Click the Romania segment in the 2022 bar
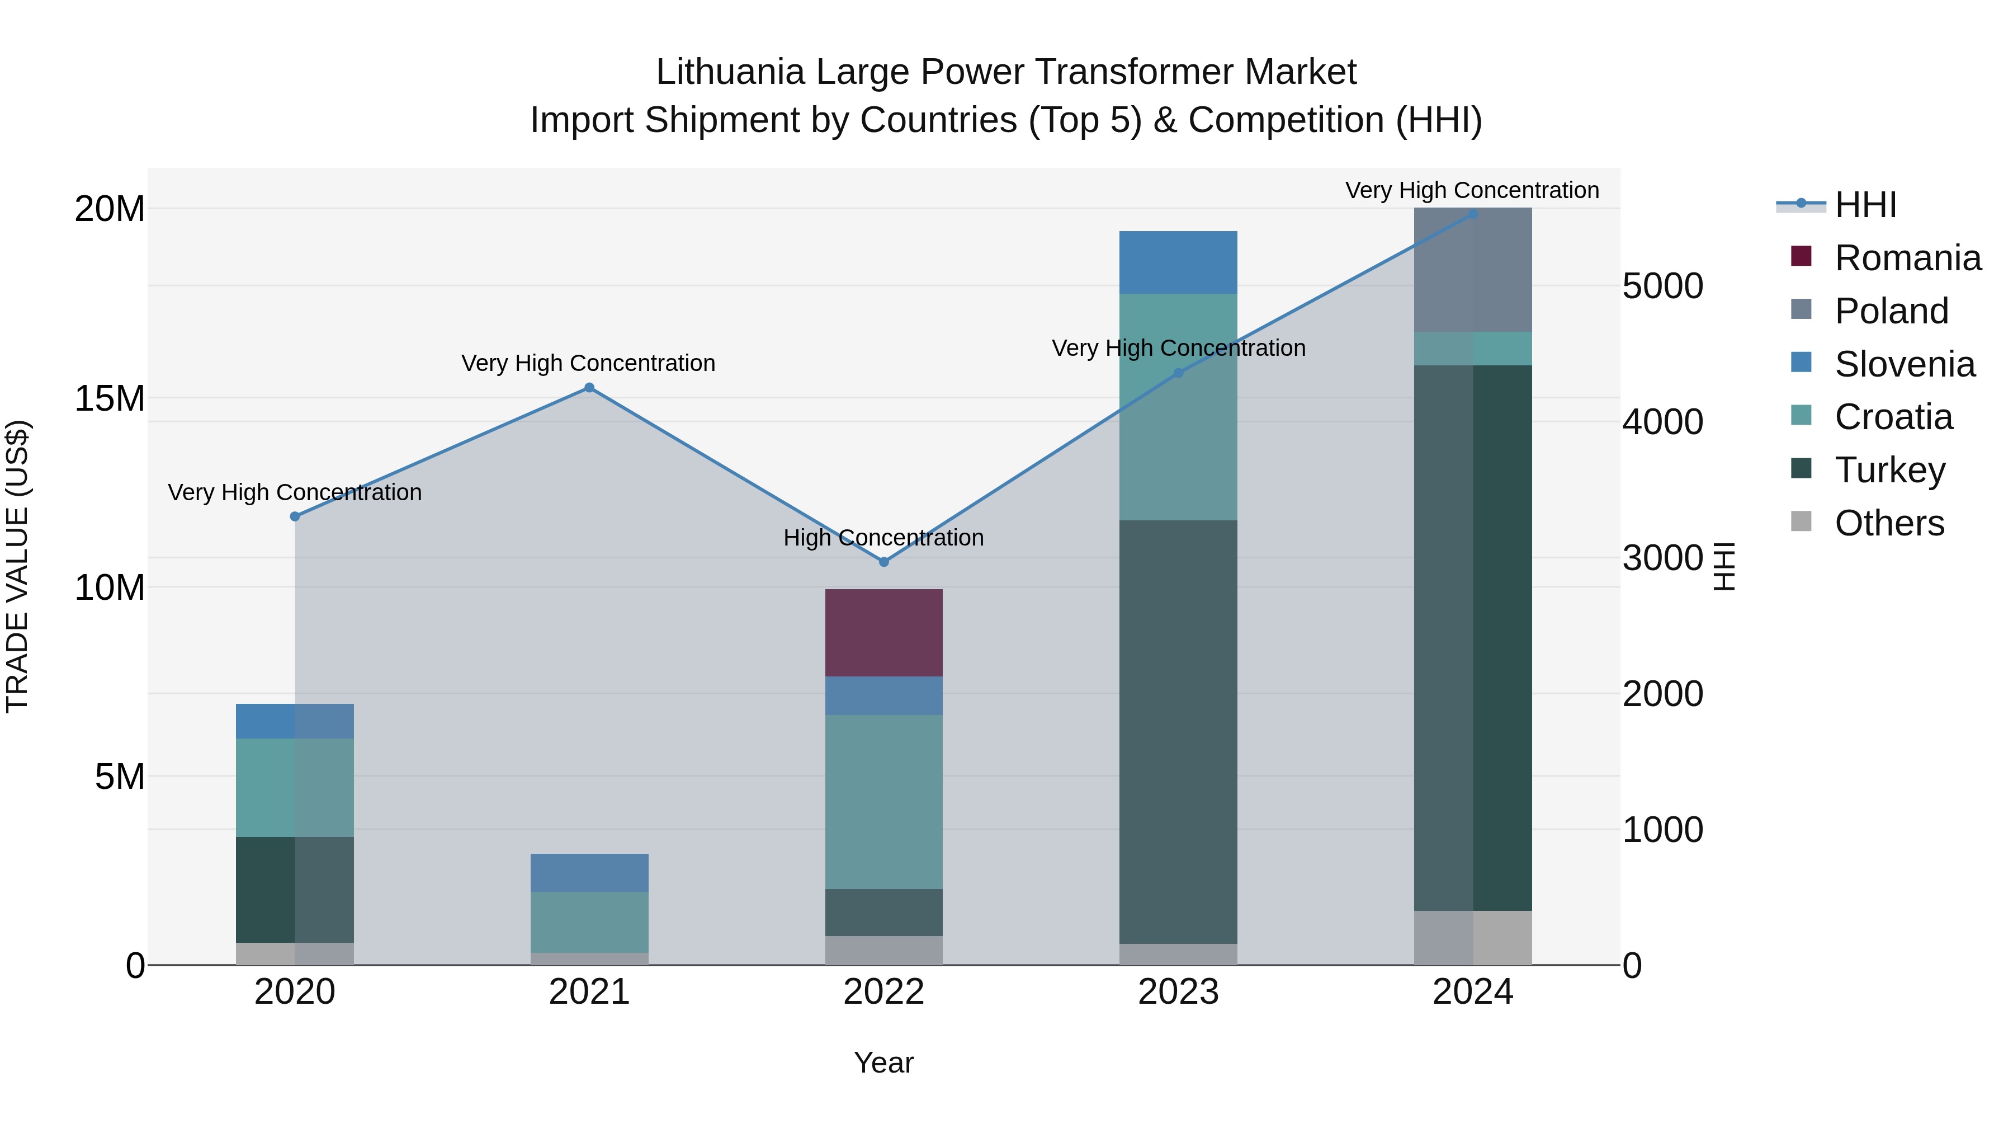point(884,633)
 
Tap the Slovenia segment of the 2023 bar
point(1178,262)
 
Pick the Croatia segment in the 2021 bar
point(589,922)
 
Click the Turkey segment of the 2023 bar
point(1178,731)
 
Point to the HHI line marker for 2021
point(589,388)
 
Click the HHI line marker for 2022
point(884,562)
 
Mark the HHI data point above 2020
point(295,517)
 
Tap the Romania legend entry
point(1907,258)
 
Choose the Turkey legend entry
point(1889,470)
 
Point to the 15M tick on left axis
point(110,399)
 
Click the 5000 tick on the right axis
point(1663,286)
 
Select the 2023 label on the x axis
point(1178,992)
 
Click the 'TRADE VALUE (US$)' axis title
point(17,566)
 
